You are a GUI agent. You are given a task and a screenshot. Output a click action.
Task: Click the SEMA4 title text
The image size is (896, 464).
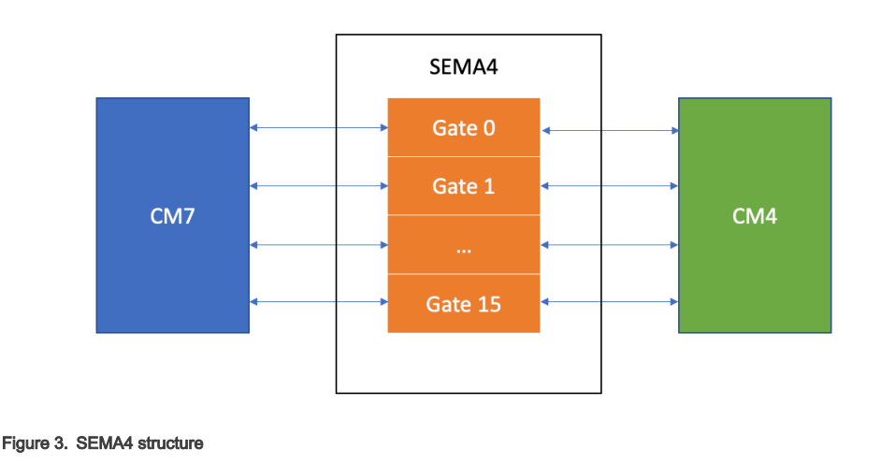[469, 67]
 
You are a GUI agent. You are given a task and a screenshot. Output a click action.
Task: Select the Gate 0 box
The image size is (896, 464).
[464, 127]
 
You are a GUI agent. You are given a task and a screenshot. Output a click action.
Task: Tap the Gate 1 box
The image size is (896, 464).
[464, 186]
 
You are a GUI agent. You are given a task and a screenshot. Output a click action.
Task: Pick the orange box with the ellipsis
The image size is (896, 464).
[464, 245]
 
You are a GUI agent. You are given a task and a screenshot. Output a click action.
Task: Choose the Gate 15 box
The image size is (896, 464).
[464, 304]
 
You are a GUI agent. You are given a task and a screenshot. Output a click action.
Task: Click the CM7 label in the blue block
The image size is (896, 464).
[172, 217]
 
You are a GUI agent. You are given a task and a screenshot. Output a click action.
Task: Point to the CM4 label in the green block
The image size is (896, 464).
[755, 217]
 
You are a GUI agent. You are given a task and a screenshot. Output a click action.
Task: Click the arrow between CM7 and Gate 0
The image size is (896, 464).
[319, 128]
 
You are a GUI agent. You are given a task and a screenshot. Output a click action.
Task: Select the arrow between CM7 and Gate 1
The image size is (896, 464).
[319, 186]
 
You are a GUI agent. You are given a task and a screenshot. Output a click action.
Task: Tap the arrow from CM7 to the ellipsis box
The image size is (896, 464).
[319, 245]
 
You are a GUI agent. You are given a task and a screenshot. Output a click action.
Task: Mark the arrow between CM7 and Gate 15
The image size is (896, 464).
[319, 302]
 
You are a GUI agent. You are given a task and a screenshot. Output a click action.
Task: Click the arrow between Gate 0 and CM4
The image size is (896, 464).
[610, 131]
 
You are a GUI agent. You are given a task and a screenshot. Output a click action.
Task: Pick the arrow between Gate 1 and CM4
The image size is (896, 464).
[610, 187]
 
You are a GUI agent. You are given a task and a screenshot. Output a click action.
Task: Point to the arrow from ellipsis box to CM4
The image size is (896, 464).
[610, 245]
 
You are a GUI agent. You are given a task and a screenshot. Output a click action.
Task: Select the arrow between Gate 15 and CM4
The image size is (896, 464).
[610, 302]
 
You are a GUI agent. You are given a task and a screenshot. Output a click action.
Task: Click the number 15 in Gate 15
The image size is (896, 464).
[488, 304]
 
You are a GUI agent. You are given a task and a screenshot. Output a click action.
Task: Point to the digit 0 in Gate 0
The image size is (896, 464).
[488, 127]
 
